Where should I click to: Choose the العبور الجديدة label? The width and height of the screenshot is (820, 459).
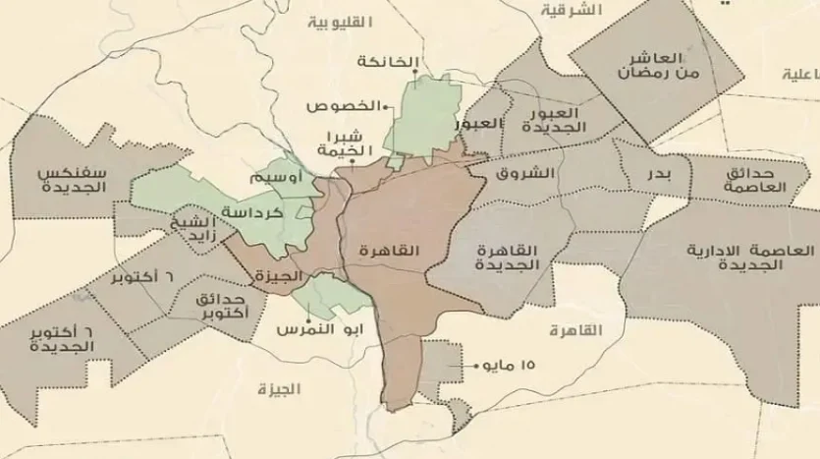[556, 121]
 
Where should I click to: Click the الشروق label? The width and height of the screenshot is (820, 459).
[533, 173]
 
